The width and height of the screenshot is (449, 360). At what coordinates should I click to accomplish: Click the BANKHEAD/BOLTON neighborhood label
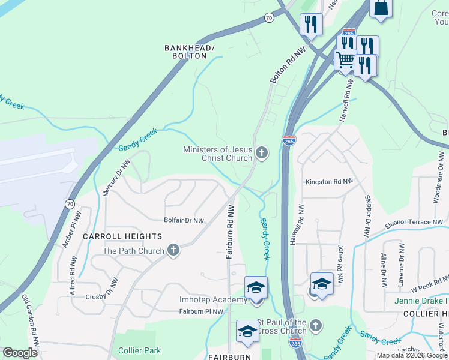186,52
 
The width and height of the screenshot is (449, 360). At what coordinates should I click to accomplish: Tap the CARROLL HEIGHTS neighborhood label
122,237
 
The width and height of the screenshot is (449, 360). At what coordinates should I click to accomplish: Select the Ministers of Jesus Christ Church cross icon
261,153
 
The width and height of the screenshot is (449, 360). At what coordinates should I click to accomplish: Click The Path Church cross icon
173,250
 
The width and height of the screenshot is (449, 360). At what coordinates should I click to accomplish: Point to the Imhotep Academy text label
205,299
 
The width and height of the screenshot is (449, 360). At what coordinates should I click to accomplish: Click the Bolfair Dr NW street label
184,221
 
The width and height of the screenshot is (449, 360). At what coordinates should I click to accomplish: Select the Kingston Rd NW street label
327,181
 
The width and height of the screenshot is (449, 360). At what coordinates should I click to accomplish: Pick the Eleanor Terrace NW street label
417,222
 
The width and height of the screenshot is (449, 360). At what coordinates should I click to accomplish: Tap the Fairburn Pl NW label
201,311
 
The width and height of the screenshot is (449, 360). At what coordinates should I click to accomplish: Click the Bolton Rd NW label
286,65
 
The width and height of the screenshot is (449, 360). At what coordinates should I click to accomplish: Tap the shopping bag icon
381,7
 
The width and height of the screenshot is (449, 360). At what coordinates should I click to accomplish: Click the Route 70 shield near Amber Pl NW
70,205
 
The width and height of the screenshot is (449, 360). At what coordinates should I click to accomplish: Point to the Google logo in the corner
19,353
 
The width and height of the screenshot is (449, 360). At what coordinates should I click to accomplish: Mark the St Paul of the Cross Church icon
315,326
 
